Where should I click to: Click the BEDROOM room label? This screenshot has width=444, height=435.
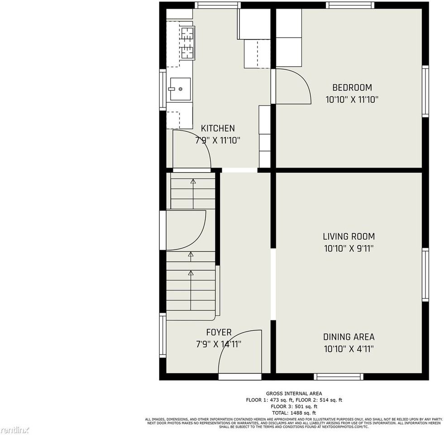(x=352, y=87)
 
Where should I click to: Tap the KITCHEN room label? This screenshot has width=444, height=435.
(x=218, y=128)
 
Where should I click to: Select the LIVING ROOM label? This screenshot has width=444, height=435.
(x=349, y=236)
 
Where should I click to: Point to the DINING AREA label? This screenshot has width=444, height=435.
(x=349, y=337)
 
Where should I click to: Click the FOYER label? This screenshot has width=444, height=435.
(x=219, y=332)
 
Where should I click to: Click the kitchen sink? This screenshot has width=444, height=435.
(x=180, y=88)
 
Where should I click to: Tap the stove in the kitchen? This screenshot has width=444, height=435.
(x=187, y=43)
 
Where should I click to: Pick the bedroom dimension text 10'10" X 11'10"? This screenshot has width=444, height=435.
(x=352, y=100)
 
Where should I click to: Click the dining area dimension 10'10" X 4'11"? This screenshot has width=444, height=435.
(x=349, y=349)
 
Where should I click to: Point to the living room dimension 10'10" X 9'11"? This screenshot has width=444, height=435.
(x=349, y=248)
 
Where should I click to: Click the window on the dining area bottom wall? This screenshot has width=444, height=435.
(x=339, y=377)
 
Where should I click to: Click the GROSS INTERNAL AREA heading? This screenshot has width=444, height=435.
(x=294, y=393)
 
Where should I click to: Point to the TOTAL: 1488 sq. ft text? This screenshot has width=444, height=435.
(x=294, y=413)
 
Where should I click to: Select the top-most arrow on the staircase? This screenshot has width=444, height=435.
(x=193, y=183)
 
